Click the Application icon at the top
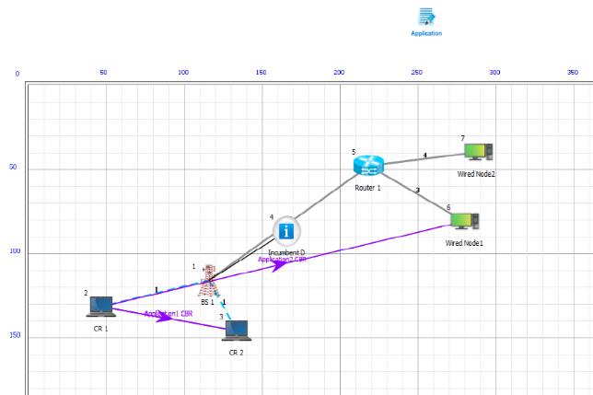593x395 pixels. coord(425,17)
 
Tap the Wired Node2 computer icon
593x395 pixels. coord(477,151)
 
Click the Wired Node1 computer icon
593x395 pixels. coord(462,222)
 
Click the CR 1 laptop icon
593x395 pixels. coord(100,307)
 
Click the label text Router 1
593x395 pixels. coord(367,187)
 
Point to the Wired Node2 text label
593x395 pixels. coord(476,173)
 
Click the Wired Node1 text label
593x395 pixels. coord(464,243)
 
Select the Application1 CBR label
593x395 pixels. coord(168,314)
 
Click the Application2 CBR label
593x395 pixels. coord(281,260)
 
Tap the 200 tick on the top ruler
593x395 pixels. coord(339,72)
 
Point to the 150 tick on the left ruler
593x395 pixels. coord(15,335)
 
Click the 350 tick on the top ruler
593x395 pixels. coord(572,72)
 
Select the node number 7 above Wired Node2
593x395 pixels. coord(462,138)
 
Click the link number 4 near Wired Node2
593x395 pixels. coord(424,155)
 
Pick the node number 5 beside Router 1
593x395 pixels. coord(353,152)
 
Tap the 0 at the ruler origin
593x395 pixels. coord(17,74)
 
